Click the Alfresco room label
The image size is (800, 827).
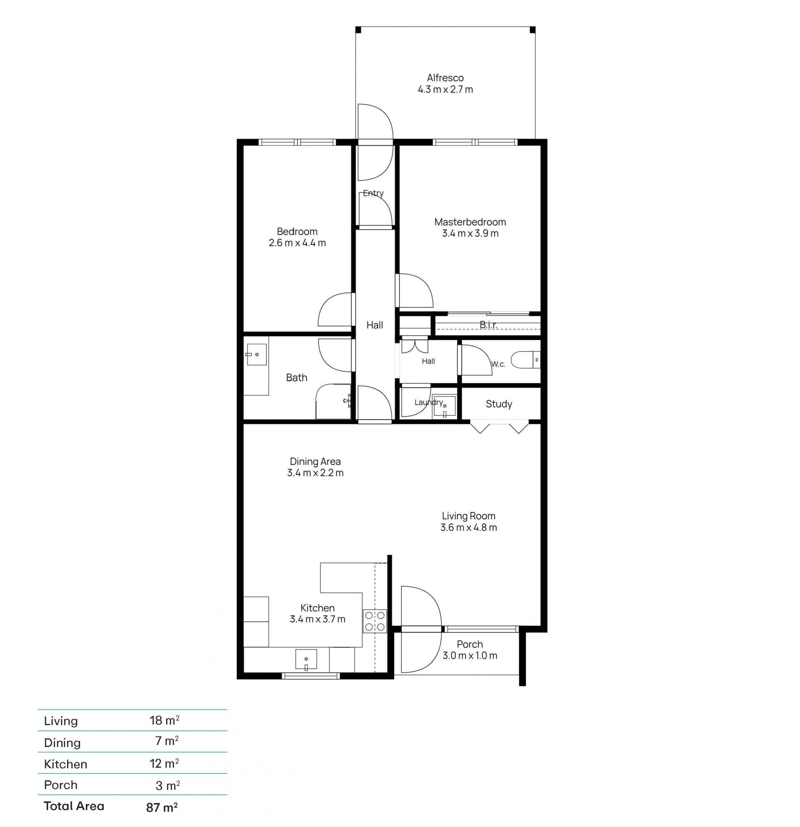[445, 77]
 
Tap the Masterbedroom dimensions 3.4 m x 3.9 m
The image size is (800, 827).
[470, 233]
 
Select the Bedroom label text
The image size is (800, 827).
[297, 231]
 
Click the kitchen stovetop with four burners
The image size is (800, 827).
[375, 621]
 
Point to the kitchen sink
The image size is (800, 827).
[306, 660]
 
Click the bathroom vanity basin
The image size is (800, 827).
[256, 355]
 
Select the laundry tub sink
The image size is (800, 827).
[444, 406]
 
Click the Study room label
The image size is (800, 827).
[499, 404]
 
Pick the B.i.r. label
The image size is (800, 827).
[488, 325]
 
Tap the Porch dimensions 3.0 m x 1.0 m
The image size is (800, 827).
[470, 655]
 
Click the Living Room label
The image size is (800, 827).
[468, 516]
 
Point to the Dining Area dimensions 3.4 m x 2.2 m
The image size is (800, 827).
[315, 472]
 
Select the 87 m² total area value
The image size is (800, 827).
[162, 807]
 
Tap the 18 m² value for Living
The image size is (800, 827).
[165, 720]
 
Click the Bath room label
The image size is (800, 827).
[297, 377]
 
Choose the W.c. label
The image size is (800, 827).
[498, 364]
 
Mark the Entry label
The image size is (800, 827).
[373, 193]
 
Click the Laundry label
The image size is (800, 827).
[429, 402]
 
